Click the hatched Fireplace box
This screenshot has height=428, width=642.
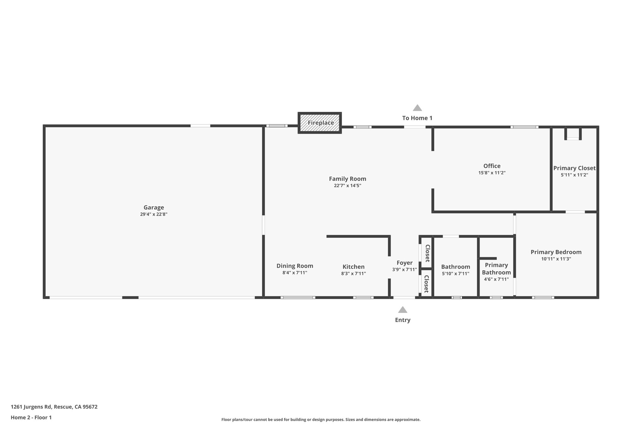click(320, 123)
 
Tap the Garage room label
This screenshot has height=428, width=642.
click(154, 207)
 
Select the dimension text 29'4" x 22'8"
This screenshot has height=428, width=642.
click(154, 214)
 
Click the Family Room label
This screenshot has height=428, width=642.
click(347, 179)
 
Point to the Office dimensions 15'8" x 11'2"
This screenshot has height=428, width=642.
click(492, 173)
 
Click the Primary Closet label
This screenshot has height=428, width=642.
click(574, 168)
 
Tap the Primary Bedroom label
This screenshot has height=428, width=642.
click(556, 252)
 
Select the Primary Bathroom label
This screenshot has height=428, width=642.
click(496, 269)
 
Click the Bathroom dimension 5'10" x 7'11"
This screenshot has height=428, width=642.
click(455, 274)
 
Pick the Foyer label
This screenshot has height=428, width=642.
click(404, 263)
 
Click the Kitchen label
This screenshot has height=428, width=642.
click(353, 267)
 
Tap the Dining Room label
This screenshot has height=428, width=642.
click(295, 266)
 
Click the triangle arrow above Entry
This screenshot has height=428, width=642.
click(403, 310)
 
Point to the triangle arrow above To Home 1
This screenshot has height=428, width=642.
click(417, 108)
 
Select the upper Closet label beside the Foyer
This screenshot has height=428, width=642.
click(427, 253)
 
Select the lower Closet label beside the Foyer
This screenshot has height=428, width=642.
click(426, 284)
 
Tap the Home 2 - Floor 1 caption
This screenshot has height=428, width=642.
click(31, 417)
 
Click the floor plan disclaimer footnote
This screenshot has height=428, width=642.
click(321, 420)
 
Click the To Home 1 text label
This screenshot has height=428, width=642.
click(417, 118)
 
